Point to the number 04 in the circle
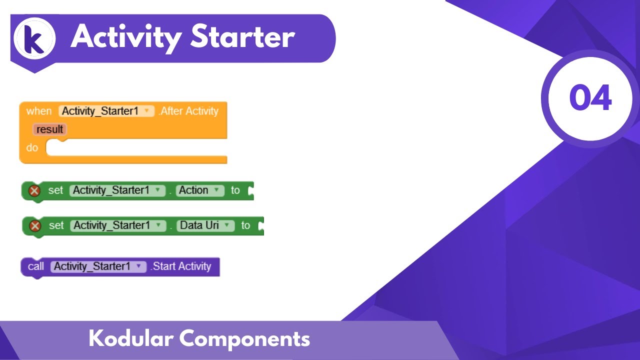point(590,98)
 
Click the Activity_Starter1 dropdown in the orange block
point(106,111)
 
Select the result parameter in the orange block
point(49,129)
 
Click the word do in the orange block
point(32,148)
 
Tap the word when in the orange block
point(39,111)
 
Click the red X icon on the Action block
point(34,190)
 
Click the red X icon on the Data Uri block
point(35,226)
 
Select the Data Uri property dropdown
point(205,225)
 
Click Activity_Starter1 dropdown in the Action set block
point(117,190)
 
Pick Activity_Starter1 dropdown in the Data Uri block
point(118,225)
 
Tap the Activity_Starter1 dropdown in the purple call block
point(98,266)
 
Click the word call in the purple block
point(36,266)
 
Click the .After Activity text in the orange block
point(188,111)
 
